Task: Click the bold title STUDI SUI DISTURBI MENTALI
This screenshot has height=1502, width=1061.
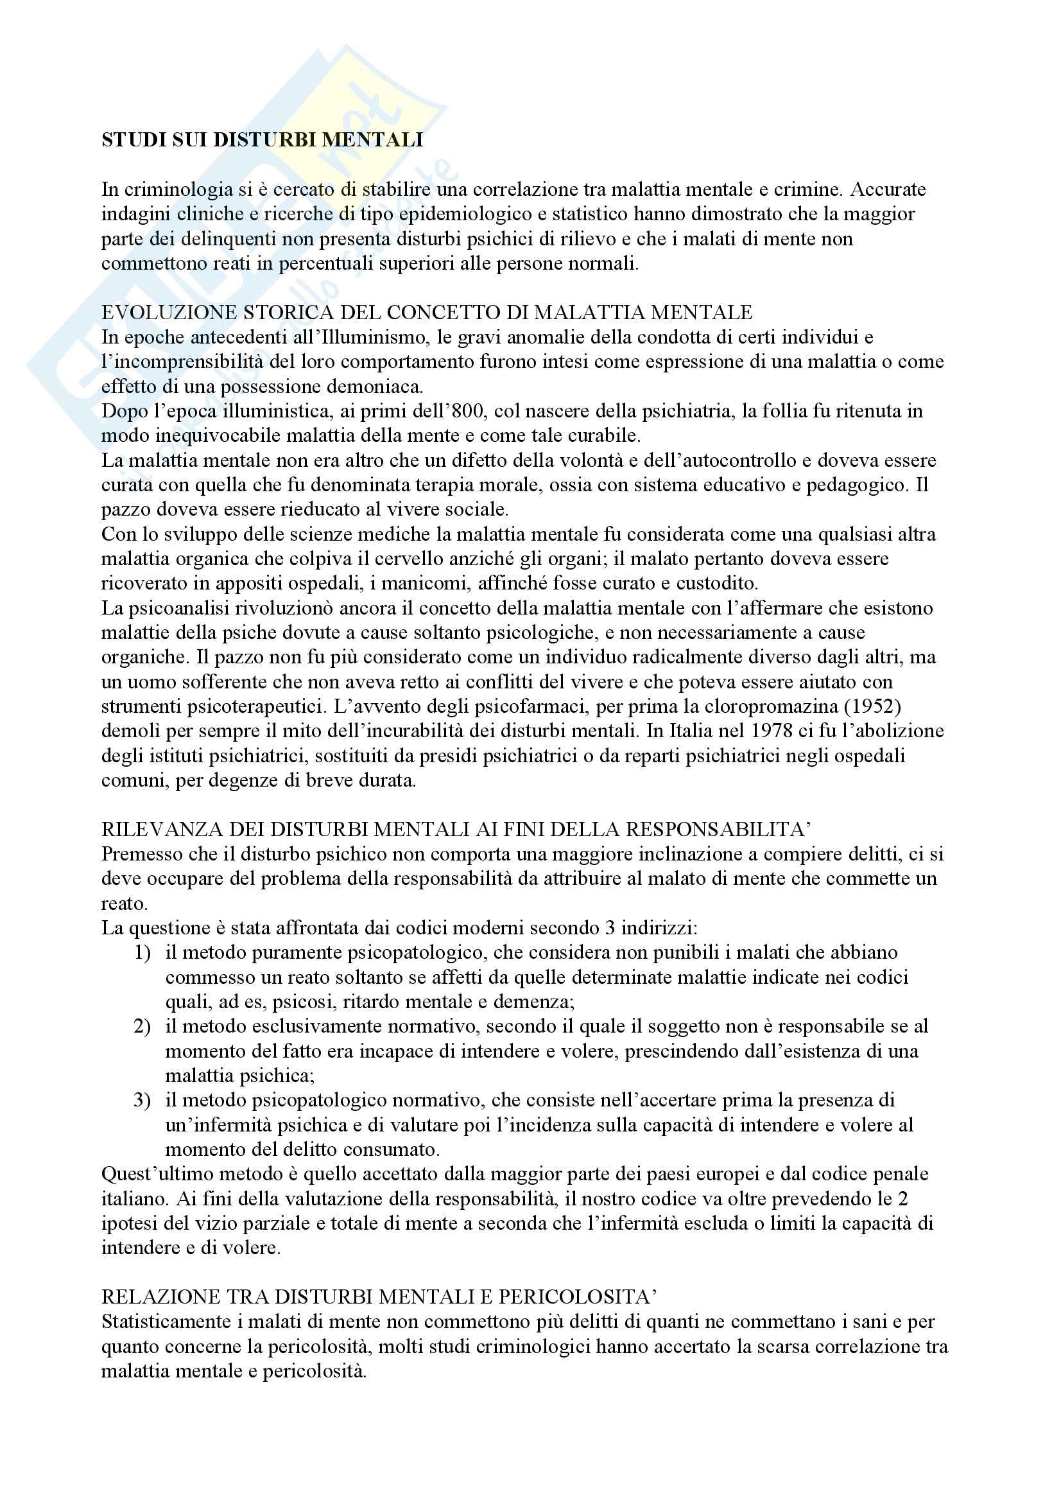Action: (x=262, y=140)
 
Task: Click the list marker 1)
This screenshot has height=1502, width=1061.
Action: (x=144, y=952)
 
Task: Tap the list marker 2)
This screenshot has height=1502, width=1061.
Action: (x=144, y=1026)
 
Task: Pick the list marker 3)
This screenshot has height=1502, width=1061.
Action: (x=144, y=1101)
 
